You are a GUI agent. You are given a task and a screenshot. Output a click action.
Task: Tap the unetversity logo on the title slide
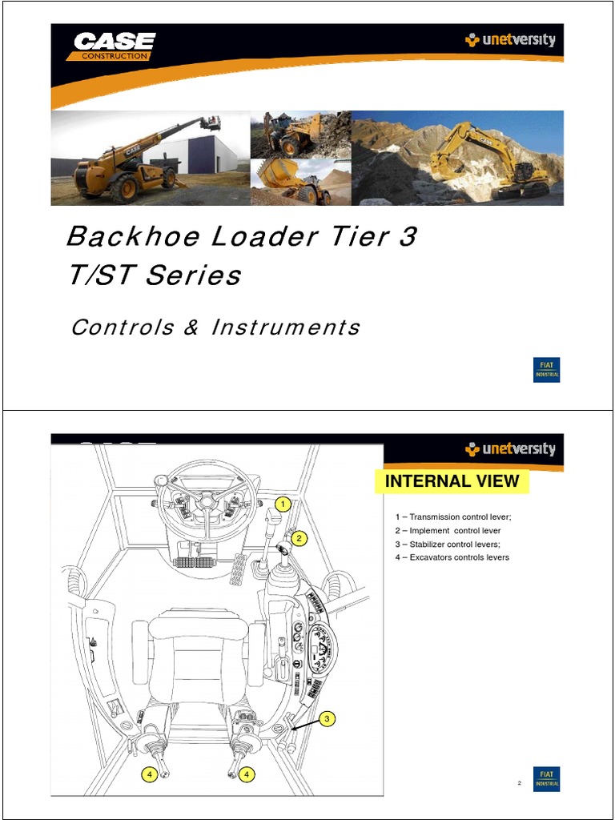[x=510, y=40]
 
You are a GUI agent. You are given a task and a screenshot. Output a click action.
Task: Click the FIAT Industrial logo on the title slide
[x=547, y=369]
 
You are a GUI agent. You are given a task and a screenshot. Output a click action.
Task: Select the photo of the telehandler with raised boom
[x=150, y=158]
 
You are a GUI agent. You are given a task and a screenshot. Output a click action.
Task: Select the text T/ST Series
[x=153, y=275]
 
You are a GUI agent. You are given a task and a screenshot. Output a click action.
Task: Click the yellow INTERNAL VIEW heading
[x=452, y=481]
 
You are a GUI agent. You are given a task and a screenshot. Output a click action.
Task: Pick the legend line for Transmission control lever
[x=452, y=517]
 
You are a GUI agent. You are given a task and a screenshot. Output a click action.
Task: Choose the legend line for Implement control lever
[x=448, y=530]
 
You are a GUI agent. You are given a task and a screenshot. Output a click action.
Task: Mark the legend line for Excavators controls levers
[x=452, y=557]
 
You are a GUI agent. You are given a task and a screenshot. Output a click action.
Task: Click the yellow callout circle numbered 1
[x=281, y=504]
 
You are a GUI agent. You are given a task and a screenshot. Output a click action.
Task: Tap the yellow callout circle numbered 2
[x=299, y=539]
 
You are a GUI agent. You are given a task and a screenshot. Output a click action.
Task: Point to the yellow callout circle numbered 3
[x=326, y=719]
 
